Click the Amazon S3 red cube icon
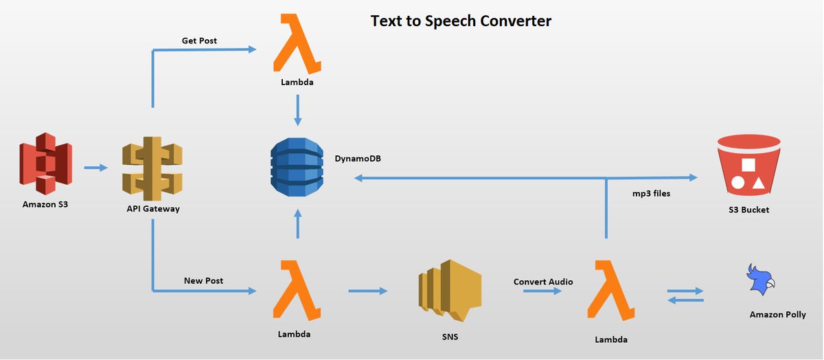pos(45,164)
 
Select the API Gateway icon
pos(152,169)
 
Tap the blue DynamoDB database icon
pos(297,167)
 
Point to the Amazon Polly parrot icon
pos(760,280)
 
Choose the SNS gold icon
pos(450,291)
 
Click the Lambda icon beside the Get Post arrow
pos(297,43)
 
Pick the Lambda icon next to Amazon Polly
pos(611,291)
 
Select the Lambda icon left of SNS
pos(297,291)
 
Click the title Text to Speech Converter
pos(461,21)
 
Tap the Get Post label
pos(199,41)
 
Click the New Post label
pos(203,280)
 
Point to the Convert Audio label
pos(543,282)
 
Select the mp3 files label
pos(651,194)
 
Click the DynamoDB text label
pos(358,159)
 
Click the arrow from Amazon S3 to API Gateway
pos(95,168)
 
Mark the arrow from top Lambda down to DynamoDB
pos(297,111)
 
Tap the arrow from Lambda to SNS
pos(368,291)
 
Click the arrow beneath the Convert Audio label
pos(542,291)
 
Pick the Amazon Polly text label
pos(777,315)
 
